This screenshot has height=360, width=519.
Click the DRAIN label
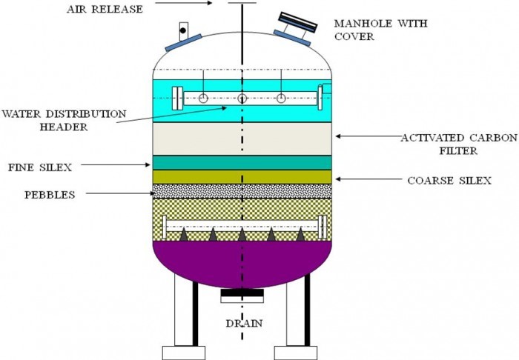tap(245, 324)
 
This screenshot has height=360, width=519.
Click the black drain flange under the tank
tap(242, 295)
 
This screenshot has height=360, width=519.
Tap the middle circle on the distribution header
tap(242, 99)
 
